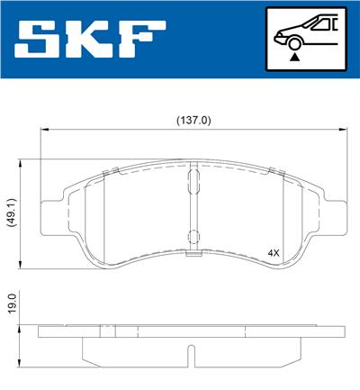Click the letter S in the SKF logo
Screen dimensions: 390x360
click(42, 39)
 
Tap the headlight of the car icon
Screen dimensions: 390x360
click(280, 33)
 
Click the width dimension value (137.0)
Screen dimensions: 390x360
click(190, 118)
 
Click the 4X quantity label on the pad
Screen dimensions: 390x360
click(274, 253)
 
